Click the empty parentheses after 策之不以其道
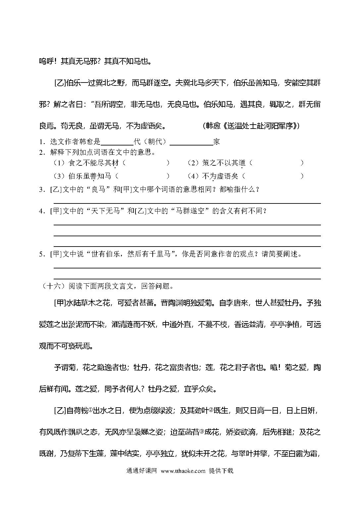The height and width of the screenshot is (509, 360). [x=275, y=163]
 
